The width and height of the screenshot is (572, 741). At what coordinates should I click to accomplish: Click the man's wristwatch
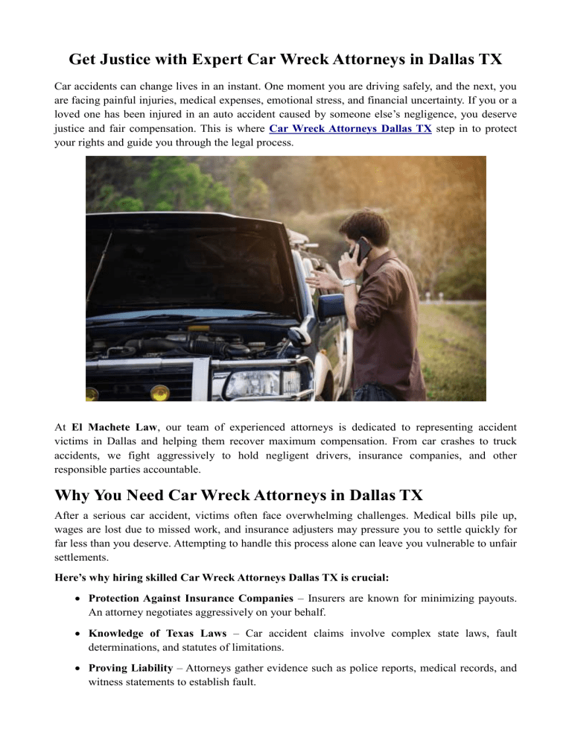click(x=349, y=283)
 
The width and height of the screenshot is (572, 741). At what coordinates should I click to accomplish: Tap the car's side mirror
click(x=331, y=306)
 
